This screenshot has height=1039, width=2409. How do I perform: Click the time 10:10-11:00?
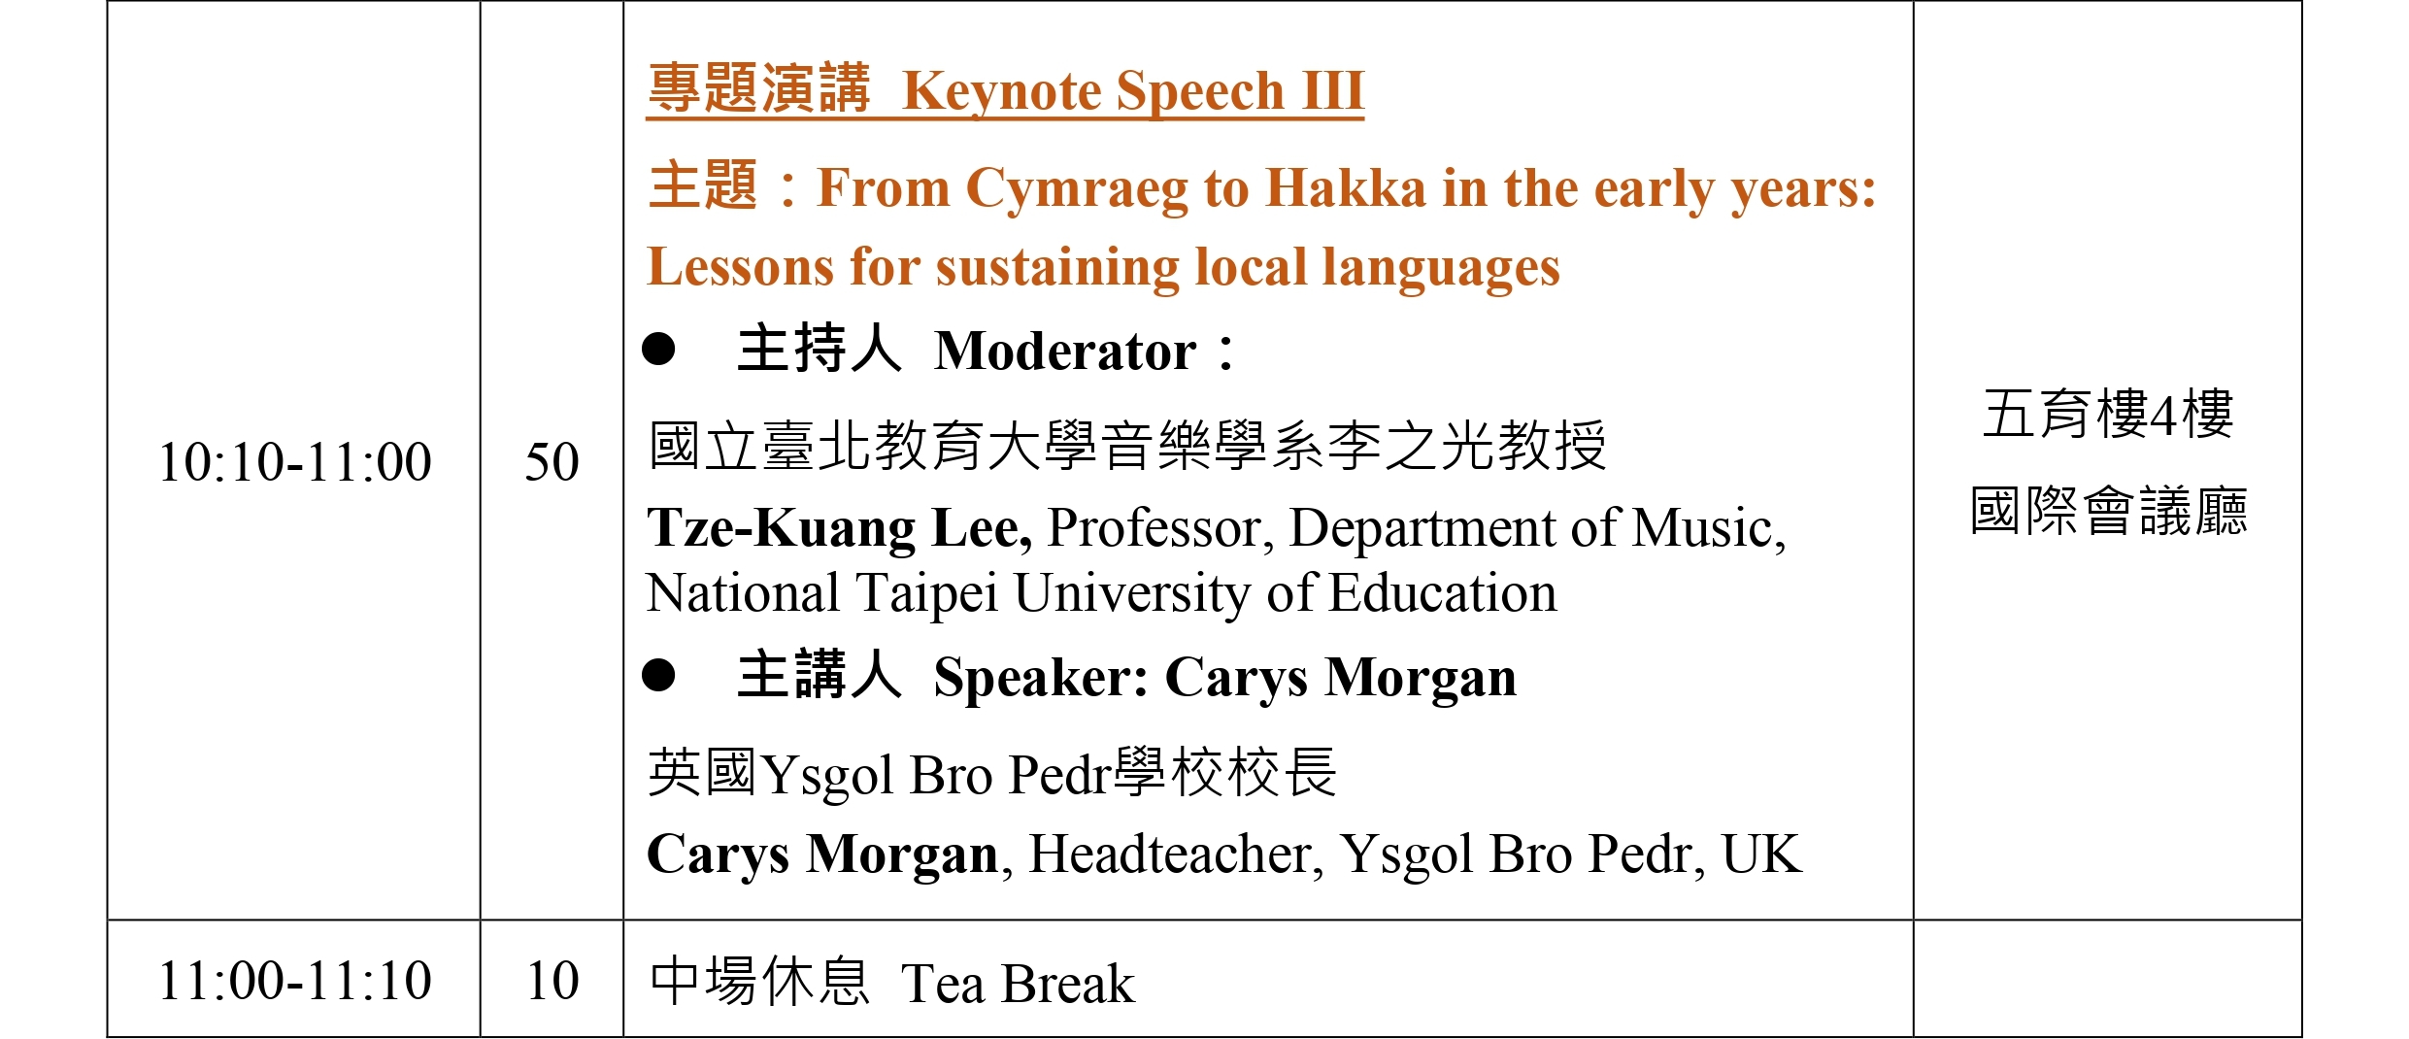295,461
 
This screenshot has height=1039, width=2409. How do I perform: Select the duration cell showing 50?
552,461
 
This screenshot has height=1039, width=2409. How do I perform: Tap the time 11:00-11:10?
295,980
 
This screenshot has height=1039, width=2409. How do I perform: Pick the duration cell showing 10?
552,980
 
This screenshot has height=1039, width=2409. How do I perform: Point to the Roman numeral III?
1333,90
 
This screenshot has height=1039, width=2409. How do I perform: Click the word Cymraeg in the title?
1077,190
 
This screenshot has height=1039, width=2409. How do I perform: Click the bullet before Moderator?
658,349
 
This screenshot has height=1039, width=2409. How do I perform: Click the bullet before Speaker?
658,675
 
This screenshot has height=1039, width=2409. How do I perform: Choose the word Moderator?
1065,351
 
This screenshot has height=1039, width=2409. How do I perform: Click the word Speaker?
1041,679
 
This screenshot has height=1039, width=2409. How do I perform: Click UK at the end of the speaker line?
1761,855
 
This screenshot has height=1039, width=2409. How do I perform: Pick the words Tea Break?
1018,984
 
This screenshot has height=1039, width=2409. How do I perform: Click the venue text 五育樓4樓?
2108,414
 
